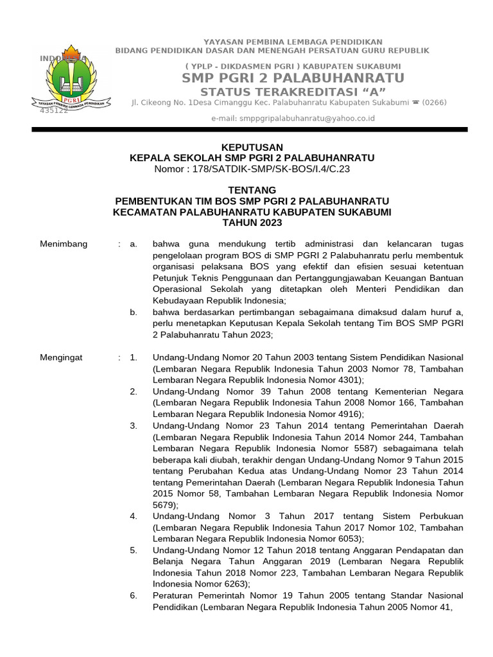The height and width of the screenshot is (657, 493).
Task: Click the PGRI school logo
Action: tap(70, 80)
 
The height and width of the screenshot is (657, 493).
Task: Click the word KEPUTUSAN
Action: tap(252, 148)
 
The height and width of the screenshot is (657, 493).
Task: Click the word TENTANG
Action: tap(252, 190)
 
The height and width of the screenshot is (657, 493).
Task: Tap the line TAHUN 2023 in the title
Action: tap(252, 222)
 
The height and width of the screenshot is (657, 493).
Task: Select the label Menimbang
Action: tap(64, 244)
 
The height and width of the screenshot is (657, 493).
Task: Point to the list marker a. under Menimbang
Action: tap(134, 244)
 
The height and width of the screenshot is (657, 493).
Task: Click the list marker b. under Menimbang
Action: tap(134, 312)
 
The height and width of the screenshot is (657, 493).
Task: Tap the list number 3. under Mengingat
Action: tap(133, 425)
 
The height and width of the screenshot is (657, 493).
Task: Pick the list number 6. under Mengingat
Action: tap(133, 595)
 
